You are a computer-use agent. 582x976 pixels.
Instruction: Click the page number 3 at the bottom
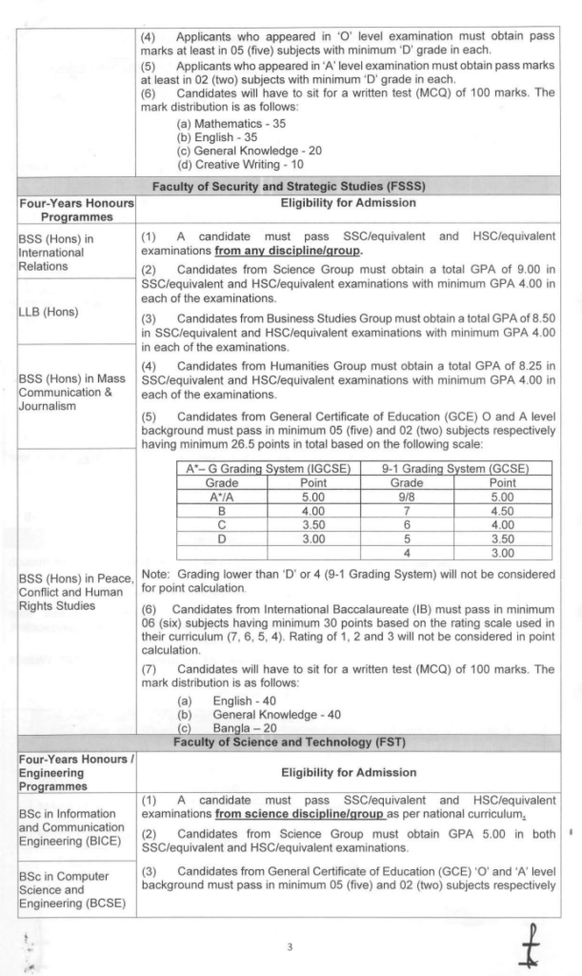click(x=291, y=945)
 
